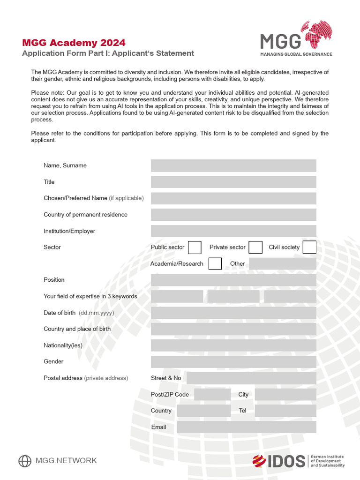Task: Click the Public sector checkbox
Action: coord(195,247)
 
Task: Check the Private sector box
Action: coord(255,247)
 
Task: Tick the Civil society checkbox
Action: coord(309,247)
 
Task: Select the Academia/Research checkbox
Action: coord(215,263)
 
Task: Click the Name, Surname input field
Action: coord(233,165)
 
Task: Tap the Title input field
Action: coord(233,182)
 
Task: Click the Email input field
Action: coord(247,427)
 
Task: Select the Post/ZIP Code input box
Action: coord(212,394)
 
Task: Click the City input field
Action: coord(285,394)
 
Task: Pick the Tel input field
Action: coord(285,411)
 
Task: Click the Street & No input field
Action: coord(251,378)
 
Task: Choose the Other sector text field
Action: coord(283,263)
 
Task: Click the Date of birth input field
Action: coord(233,313)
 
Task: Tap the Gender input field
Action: coord(233,361)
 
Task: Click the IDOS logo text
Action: coord(286,461)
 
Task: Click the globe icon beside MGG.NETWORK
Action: coord(25,461)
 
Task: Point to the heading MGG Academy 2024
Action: coord(74,43)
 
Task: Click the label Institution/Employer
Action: coord(69,231)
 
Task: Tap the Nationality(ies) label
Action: coord(63,345)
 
